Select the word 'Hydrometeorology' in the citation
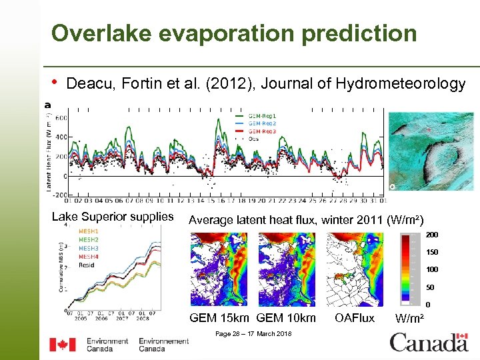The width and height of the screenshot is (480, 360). tap(401, 83)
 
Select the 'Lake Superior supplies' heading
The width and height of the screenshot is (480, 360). tap(113, 217)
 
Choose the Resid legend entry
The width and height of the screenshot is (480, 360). tap(87, 264)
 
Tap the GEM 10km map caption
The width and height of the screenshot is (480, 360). tap(286, 318)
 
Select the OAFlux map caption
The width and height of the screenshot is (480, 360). tap(355, 318)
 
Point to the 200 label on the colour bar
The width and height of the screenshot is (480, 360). tap(432, 235)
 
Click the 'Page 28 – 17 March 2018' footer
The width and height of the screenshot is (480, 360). tap(253, 333)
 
